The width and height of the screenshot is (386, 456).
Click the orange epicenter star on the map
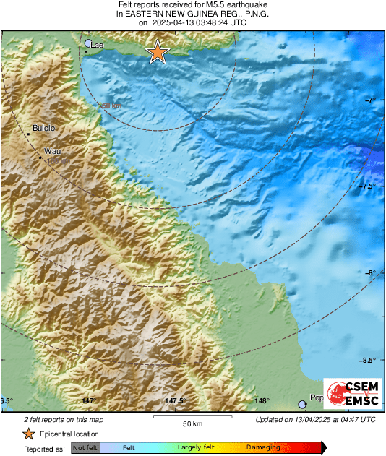157,52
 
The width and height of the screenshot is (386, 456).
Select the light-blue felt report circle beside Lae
89,43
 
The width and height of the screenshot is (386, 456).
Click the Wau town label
51,151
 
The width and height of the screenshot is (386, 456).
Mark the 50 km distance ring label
111,106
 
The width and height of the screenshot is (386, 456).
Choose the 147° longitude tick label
89,401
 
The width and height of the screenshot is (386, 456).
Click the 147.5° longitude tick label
175,401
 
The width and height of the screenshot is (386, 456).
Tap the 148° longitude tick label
262,401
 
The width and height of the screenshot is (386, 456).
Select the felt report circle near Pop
303,405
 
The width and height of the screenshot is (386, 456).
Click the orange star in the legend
28,434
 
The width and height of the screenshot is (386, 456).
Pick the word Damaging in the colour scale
263,448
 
